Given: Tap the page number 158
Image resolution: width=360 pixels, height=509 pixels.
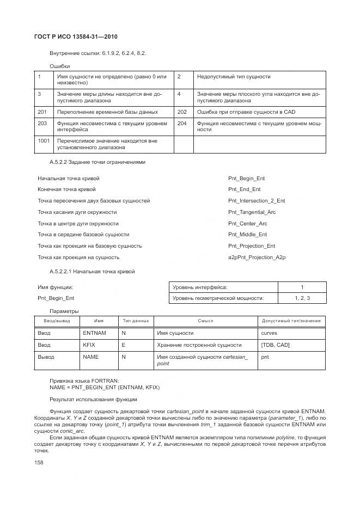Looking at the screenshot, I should coord(40,462).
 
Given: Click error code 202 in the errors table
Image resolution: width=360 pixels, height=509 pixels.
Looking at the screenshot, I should coord(182,112).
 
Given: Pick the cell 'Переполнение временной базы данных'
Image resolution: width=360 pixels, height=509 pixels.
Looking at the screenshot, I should coord(107,112).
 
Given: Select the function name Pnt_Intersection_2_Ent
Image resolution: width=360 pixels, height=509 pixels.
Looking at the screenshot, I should coord(256,200).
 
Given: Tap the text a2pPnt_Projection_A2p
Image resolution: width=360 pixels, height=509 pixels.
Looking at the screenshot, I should coord(257,257).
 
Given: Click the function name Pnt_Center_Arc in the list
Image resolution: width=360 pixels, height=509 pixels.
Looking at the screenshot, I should coord(247,223).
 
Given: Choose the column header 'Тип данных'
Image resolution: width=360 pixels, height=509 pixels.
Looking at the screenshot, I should coord(135,321).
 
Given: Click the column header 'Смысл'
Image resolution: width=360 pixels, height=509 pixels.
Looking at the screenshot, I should coord(205,321).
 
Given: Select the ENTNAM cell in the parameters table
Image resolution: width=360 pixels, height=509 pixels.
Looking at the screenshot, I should coord(94,333).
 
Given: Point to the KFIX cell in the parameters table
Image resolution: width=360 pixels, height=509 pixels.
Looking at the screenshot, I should coord(89,345).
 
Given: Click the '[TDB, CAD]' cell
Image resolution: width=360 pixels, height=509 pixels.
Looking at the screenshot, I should coord(276,345).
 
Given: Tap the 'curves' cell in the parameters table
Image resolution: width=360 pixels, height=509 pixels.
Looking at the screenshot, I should coord(269,333).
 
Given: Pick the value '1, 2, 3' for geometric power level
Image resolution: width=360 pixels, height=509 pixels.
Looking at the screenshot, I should coord(302,298).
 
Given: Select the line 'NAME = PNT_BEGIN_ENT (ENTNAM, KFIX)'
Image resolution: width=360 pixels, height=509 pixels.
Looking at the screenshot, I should coord(105,387).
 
